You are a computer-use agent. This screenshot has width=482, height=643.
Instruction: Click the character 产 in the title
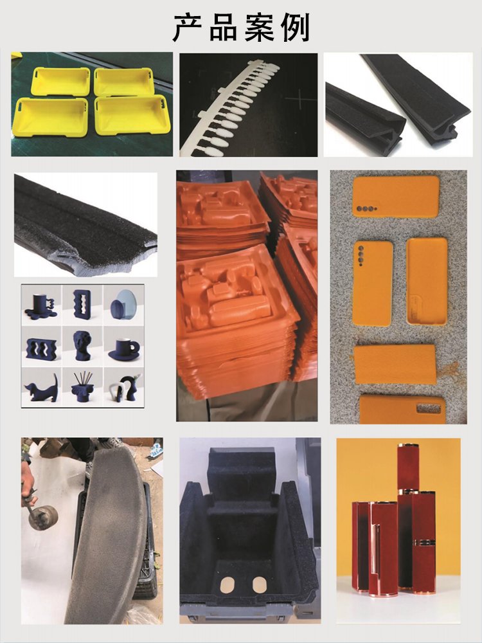coord(188,28)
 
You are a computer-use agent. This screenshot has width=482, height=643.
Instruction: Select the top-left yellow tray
coord(60,81)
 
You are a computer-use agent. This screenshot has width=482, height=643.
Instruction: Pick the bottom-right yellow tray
coord(132,115)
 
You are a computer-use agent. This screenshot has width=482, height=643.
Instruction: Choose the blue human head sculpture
coord(82,346)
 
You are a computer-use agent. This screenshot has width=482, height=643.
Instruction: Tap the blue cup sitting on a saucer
coord(124,349)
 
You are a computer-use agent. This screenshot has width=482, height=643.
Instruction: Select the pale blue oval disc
coord(125,302)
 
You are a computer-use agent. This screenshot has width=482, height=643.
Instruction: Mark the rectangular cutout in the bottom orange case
coord(428,408)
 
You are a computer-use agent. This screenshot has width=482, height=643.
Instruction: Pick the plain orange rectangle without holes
coord(395,364)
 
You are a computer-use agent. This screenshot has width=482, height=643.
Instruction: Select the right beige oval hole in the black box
coord(259,584)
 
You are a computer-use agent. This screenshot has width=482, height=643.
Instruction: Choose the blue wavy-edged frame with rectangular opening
coord(82,304)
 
